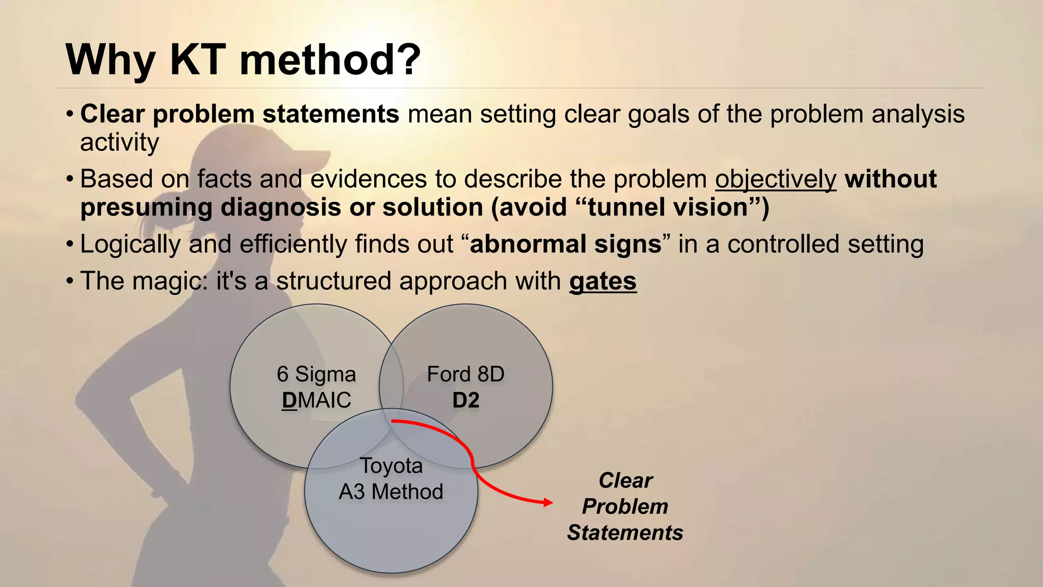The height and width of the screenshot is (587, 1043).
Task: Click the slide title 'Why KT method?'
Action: click(x=243, y=60)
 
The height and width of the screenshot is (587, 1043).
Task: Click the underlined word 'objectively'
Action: click(x=775, y=179)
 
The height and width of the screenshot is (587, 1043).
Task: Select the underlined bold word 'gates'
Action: click(x=602, y=281)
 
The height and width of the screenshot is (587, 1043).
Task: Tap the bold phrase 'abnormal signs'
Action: click(x=565, y=244)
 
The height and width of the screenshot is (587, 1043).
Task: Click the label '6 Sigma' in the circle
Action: click(x=316, y=374)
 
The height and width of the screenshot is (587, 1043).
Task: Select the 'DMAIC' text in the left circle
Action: click(x=316, y=401)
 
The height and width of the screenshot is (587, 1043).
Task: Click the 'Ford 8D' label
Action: click(x=465, y=374)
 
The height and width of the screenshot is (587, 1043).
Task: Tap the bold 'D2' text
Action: click(x=465, y=401)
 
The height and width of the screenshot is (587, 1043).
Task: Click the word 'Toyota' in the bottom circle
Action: click(x=391, y=466)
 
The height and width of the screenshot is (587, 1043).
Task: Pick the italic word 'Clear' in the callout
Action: click(x=625, y=481)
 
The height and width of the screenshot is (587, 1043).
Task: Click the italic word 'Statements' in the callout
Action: click(x=625, y=533)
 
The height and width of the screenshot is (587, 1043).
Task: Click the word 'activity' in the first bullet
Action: click(x=119, y=142)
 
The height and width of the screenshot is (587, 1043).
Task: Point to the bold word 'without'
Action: click(x=890, y=179)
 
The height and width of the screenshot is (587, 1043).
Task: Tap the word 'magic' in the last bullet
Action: click(x=168, y=281)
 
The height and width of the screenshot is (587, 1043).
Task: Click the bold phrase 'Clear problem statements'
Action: click(x=239, y=114)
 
